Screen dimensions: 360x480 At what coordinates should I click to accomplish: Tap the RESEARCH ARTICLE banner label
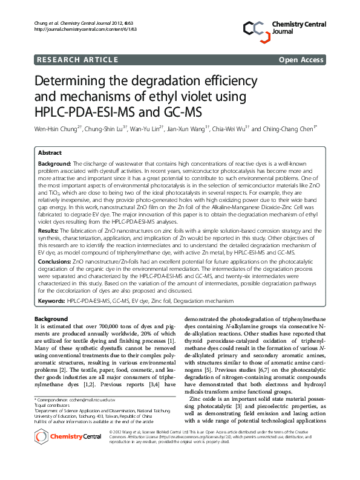click(x=77, y=59)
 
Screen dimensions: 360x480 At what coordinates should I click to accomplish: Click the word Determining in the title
click(x=72, y=82)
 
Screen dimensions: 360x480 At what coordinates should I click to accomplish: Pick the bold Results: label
click(x=48, y=230)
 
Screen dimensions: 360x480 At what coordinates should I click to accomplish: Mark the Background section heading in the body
click(x=51, y=318)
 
